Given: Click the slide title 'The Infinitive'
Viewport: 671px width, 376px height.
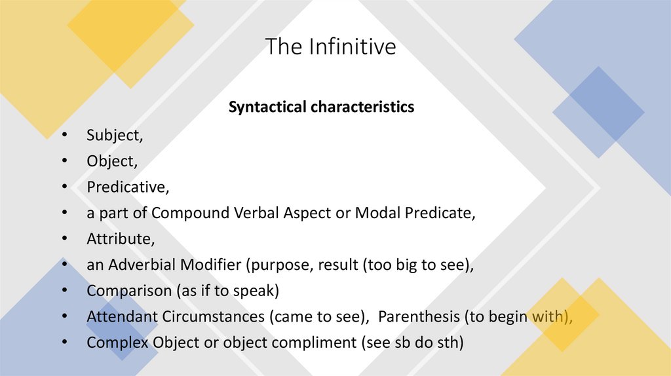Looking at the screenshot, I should tap(330, 47).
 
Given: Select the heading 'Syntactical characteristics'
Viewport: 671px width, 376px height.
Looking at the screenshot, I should tap(321, 107).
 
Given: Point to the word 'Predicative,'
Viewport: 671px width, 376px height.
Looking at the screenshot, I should tap(128, 187).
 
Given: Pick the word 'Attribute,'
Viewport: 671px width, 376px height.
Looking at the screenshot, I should tap(121, 238).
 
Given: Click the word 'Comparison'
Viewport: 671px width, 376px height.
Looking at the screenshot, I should tap(125, 290).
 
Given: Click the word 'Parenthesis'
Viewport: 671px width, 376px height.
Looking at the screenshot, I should tap(419, 316).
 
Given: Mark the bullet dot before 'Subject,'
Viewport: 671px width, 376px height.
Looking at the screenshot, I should tap(65, 136).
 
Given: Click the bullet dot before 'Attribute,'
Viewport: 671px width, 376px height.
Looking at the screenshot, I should tap(65, 239).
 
